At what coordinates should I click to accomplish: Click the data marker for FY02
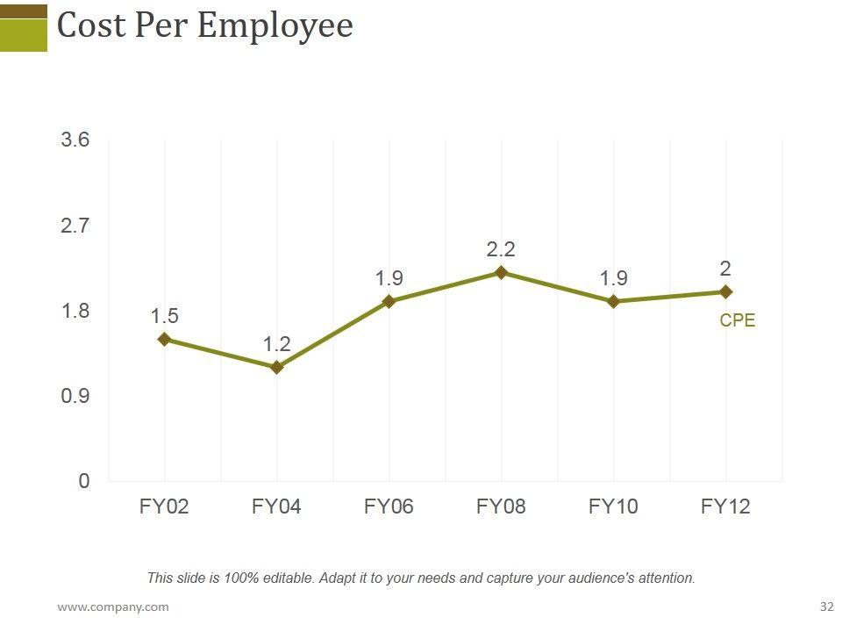point(164,339)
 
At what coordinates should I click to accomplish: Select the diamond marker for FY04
point(276,368)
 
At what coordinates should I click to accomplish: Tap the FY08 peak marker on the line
point(501,273)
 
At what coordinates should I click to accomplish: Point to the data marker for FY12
point(725,291)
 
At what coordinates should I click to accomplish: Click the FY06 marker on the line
point(389,301)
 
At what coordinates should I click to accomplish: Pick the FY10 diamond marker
point(613,301)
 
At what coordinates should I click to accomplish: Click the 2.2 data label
point(501,250)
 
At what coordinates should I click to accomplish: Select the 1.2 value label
point(276,344)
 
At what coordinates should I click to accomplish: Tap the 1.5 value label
point(164,316)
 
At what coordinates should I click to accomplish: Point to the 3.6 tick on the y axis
point(75,140)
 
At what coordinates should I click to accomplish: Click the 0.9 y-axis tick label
point(75,396)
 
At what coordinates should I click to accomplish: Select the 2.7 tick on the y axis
point(75,226)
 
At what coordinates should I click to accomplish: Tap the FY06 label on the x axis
point(389,506)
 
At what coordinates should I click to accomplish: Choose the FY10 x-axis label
point(613,506)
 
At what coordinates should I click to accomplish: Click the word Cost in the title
point(90,25)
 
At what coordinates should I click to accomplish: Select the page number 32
point(826,607)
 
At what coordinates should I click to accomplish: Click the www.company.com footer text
point(113,607)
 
